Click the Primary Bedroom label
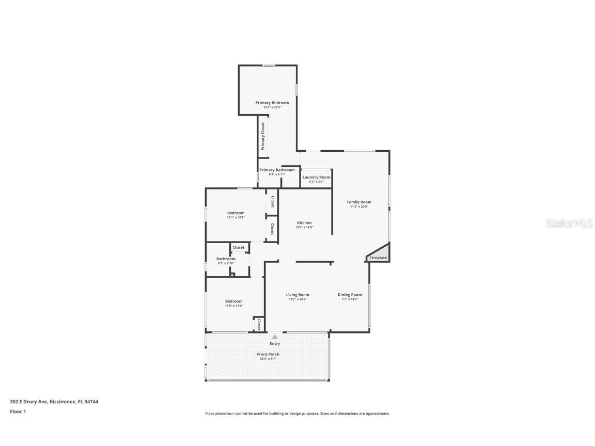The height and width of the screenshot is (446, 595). pos(272,103)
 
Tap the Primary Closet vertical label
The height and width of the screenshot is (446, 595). pos(263,136)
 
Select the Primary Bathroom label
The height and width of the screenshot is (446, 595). pos(277,170)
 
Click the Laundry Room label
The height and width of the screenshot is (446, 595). pos(316,177)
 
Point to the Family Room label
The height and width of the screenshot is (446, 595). pos(359,202)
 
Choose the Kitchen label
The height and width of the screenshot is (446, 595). pos(304,222)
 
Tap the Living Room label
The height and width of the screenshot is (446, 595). pos(297,295)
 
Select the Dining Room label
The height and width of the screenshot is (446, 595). pos(350,295)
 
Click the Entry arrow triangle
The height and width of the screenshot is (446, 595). pos(275,337)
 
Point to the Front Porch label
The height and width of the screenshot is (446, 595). pos(268,354)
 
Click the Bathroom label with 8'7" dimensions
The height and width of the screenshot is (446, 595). pos(226,259)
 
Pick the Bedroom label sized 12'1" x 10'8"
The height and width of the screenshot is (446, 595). pos(236,213)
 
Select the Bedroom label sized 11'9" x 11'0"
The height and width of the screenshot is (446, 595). pos(233,301)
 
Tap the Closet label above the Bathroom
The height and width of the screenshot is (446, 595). pos(239,247)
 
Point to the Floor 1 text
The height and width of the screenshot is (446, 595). pos(18,411)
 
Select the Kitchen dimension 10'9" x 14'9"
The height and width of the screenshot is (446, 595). pos(304,227)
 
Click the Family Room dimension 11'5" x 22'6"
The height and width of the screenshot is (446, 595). pos(359,206)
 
